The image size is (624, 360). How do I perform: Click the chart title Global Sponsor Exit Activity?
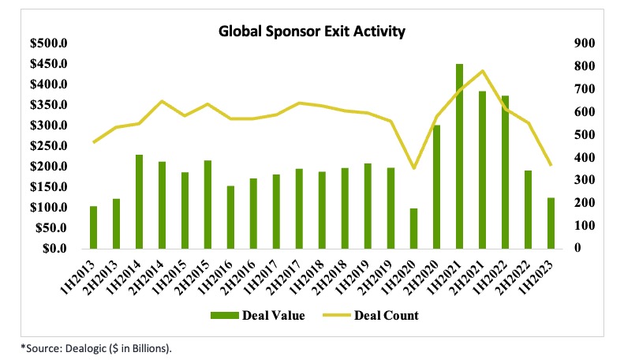tap(312, 32)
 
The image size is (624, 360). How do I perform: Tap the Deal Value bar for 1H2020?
tap(413, 228)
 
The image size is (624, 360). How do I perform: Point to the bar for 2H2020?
tap(436, 186)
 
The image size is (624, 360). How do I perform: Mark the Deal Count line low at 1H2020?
tap(413, 168)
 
